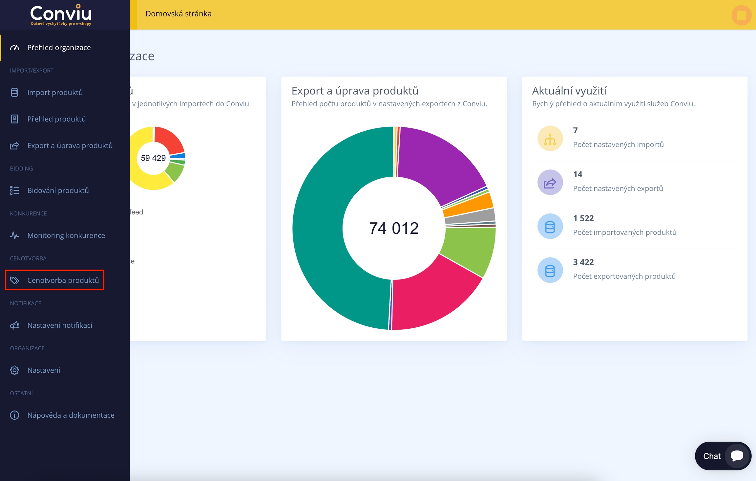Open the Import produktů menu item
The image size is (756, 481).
[54, 93]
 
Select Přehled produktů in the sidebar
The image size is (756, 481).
[56, 119]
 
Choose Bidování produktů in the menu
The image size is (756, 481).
[58, 190]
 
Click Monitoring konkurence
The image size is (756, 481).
[66, 235]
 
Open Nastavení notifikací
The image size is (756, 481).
[59, 325]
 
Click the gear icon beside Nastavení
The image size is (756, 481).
[14, 370]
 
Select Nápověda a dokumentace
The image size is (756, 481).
[71, 415]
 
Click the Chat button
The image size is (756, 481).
[723, 456]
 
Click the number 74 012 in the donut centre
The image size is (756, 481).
[394, 228]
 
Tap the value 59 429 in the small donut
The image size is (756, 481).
[153, 158]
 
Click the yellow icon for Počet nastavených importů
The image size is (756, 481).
[550, 139]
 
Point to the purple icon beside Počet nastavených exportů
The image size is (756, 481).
[550, 183]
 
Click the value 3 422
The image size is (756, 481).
[583, 262]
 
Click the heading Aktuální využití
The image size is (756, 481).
[569, 91]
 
